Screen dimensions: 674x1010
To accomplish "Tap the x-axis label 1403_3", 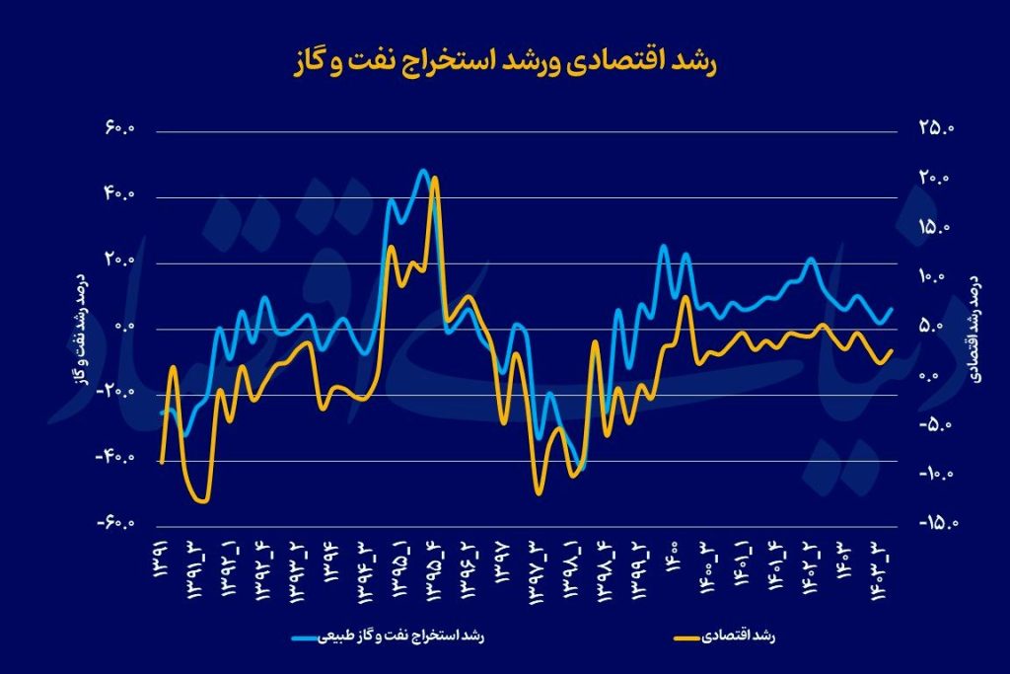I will click(x=878, y=571).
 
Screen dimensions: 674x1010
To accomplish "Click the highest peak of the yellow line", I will click(x=435, y=179).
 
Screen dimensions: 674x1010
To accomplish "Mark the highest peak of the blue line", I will click(x=423, y=171).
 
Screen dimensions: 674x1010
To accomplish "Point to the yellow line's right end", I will click(x=892, y=349).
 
